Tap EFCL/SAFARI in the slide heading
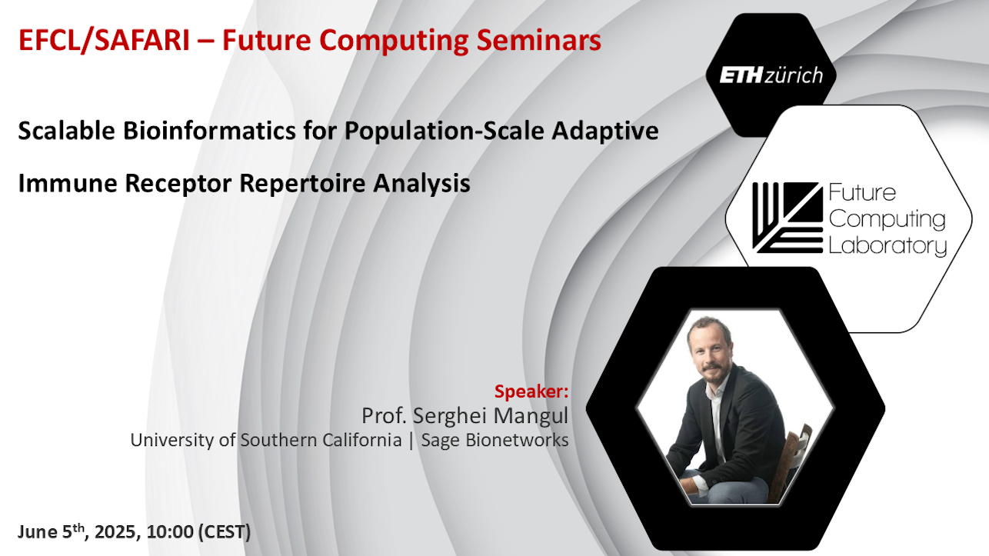104,40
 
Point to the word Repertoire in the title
302,183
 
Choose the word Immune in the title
68,183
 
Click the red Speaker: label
531,391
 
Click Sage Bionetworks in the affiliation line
494,441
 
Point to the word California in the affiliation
362,440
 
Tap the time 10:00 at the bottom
170,531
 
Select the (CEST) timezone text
225,531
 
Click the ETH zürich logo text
771,75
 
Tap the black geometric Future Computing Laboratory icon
788,218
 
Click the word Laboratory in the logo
887,245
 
